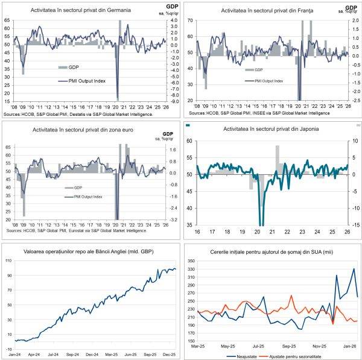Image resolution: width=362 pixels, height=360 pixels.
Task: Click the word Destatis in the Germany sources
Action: point(75,113)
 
